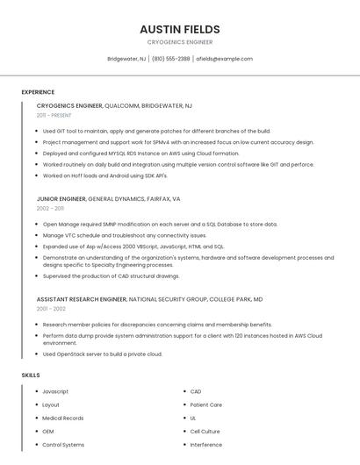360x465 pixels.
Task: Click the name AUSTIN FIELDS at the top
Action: (x=180, y=29)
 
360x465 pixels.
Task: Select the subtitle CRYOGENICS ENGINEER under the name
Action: (x=180, y=42)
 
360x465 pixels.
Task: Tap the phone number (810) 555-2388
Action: (x=170, y=59)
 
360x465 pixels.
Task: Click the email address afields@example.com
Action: (x=224, y=59)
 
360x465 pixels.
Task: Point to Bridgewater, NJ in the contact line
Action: (x=126, y=59)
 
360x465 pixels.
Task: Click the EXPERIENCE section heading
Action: (x=38, y=92)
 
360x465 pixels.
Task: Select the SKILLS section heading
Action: (x=31, y=376)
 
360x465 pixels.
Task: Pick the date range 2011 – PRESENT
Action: (x=54, y=115)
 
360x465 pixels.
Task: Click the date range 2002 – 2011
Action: (x=50, y=209)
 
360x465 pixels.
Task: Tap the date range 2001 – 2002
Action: (x=51, y=309)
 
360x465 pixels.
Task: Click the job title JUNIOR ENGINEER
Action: (x=61, y=199)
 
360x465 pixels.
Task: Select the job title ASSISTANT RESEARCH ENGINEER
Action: (x=82, y=299)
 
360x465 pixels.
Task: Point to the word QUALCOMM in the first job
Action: (x=121, y=105)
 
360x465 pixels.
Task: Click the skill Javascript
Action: (x=55, y=391)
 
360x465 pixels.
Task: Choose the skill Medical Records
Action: (x=63, y=418)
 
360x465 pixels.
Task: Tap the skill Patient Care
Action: (x=206, y=404)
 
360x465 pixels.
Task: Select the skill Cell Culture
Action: (x=205, y=431)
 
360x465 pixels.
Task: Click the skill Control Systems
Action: (x=63, y=445)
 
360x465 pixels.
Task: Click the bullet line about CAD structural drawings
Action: (x=111, y=276)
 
